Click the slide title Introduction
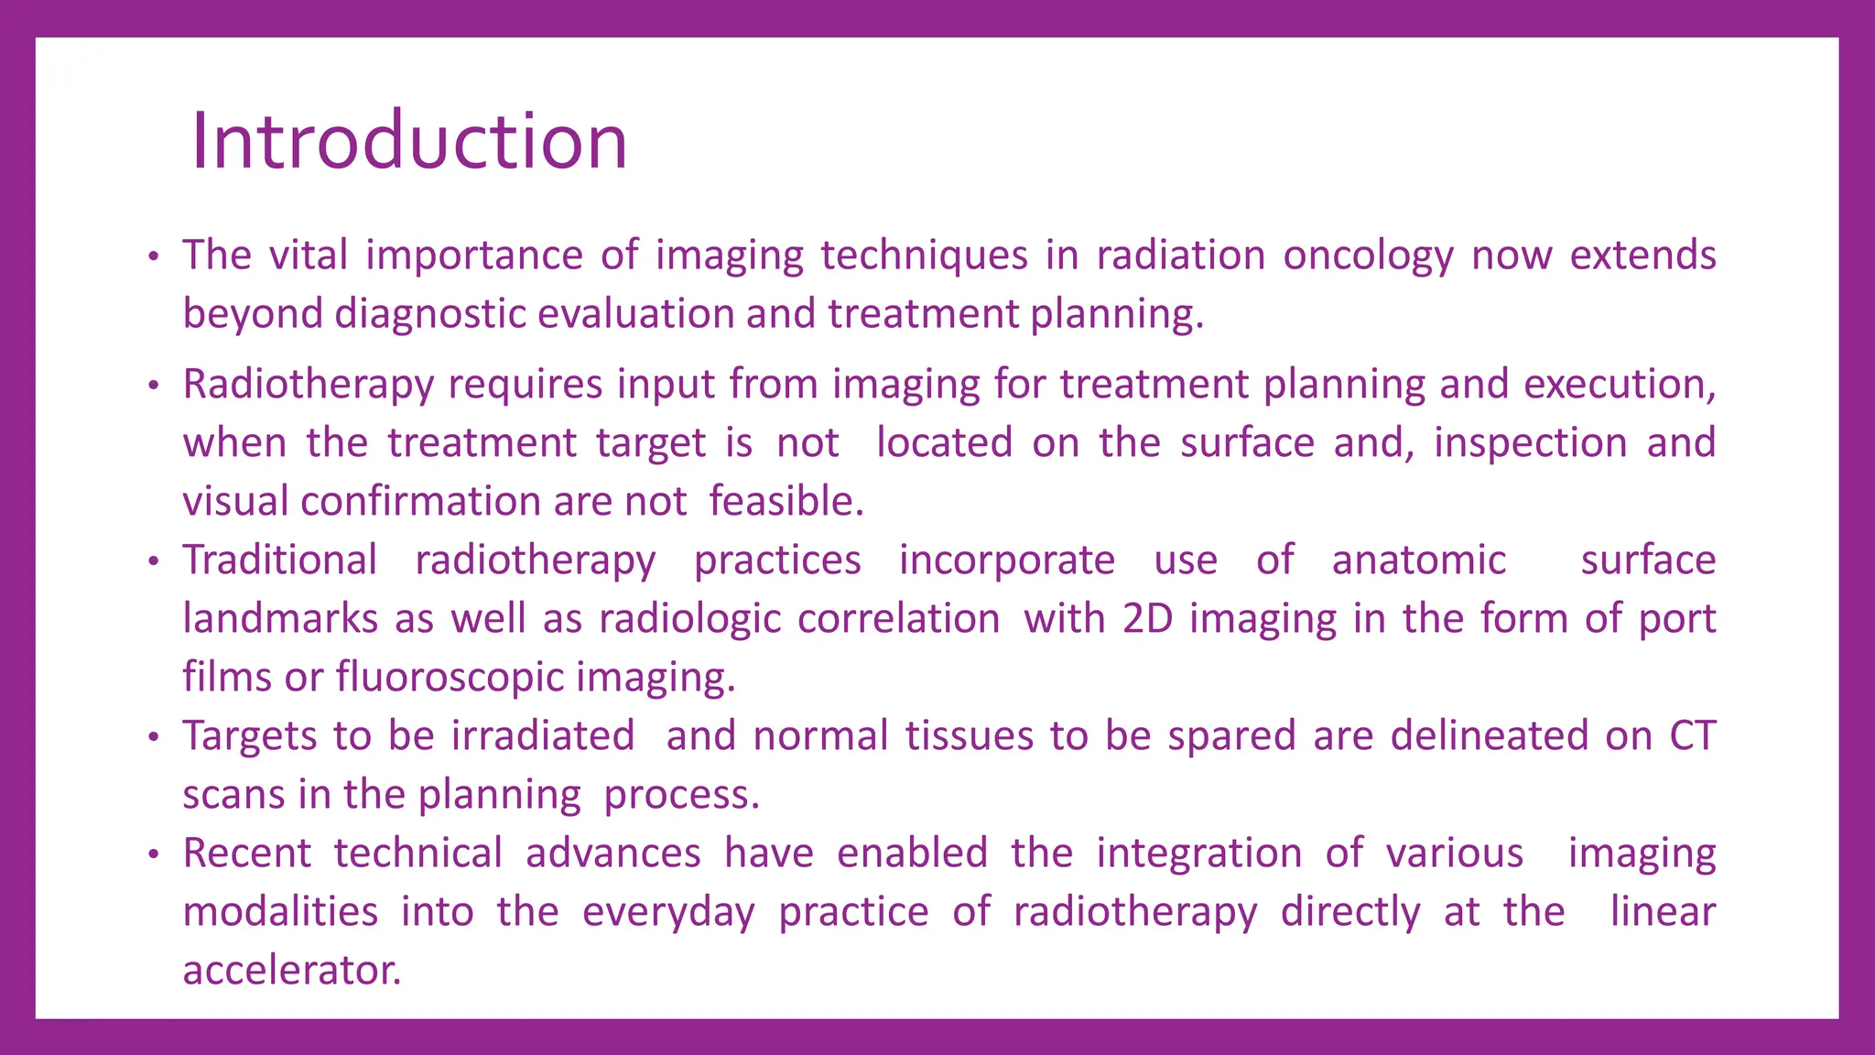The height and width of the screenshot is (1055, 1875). (408, 141)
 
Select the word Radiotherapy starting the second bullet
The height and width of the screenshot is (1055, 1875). (308, 385)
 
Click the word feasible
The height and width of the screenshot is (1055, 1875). (786, 502)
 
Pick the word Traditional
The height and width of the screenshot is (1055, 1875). (279, 560)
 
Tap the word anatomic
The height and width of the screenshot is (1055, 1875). (1418, 560)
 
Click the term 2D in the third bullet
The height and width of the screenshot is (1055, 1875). (1147, 618)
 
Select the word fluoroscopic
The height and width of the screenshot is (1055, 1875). (450, 678)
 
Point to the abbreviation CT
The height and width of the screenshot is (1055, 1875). (1692, 736)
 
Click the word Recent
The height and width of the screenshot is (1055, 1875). (247, 854)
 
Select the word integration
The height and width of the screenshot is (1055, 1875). (1198, 854)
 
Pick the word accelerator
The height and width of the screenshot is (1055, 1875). (291, 971)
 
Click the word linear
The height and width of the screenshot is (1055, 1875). (1663, 912)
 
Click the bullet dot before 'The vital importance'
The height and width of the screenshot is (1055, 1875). (154, 256)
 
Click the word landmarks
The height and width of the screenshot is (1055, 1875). (279, 618)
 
